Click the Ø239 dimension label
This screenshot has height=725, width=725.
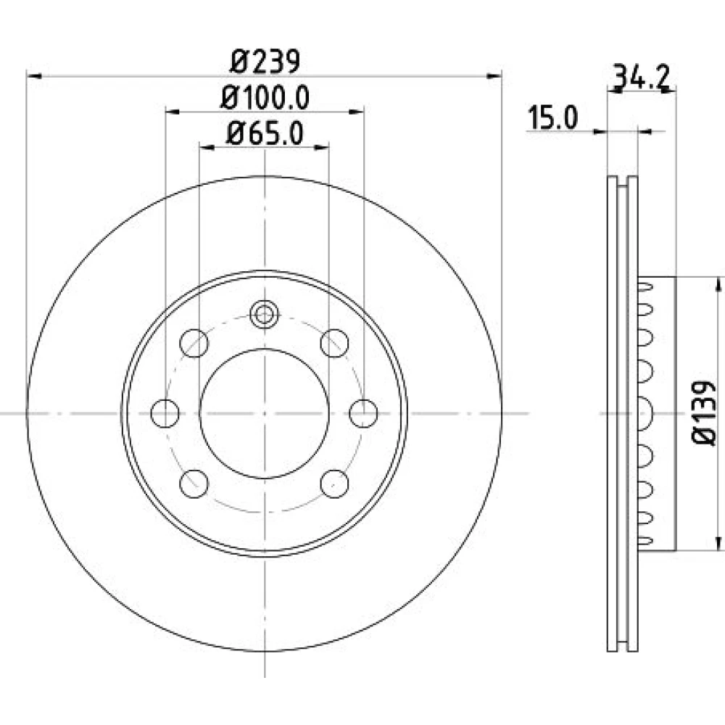tap(265, 61)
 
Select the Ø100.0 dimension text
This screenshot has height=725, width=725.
tap(265, 98)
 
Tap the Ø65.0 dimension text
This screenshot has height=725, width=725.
tap(265, 133)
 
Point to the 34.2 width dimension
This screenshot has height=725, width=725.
tap(641, 78)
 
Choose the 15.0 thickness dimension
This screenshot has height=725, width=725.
tap(553, 117)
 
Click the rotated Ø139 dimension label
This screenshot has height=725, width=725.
tap(704, 413)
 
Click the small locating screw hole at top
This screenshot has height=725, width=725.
tap(264, 315)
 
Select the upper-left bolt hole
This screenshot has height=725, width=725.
tap(194, 343)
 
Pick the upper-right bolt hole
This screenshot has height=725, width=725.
tap(334, 343)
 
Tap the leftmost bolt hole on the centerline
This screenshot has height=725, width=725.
tap(165, 413)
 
